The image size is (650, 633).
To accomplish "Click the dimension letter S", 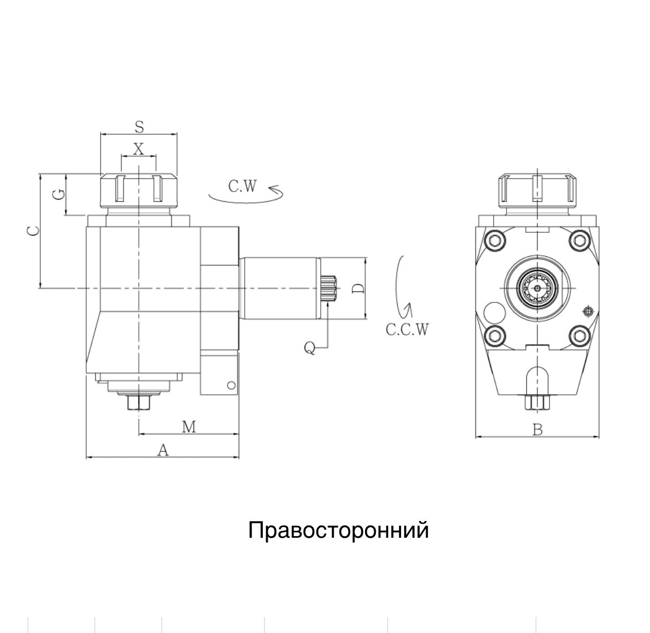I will (139, 127).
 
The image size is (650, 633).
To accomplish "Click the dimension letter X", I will (139, 149).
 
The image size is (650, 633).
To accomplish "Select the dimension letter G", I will (60, 194).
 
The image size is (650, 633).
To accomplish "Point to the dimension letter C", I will (33, 230).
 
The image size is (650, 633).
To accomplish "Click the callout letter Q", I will (309, 348).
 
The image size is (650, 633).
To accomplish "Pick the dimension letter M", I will (189, 426).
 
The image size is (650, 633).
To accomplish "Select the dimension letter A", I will (163, 451).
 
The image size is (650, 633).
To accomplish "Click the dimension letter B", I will (538, 430).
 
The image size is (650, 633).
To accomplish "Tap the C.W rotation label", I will (243, 186).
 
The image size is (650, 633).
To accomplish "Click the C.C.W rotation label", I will (407, 330).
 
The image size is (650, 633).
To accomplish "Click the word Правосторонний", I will (338, 531).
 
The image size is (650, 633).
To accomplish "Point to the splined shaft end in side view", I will (329, 289).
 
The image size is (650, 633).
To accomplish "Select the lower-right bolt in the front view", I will (579, 335).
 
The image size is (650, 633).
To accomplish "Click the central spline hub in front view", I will (538, 288).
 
